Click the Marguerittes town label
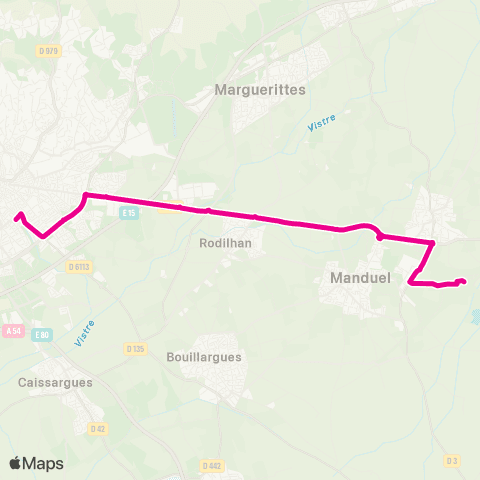(x=260, y=89)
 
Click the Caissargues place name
(x=55, y=381)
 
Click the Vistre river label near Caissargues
(x=84, y=333)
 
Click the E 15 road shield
(x=128, y=213)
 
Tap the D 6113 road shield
(x=80, y=266)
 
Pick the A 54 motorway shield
(x=13, y=330)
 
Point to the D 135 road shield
(x=136, y=348)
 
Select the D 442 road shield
(x=210, y=465)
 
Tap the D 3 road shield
(x=452, y=460)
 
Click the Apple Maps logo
(x=36, y=463)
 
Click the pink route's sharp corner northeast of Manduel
(x=432, y=243)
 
